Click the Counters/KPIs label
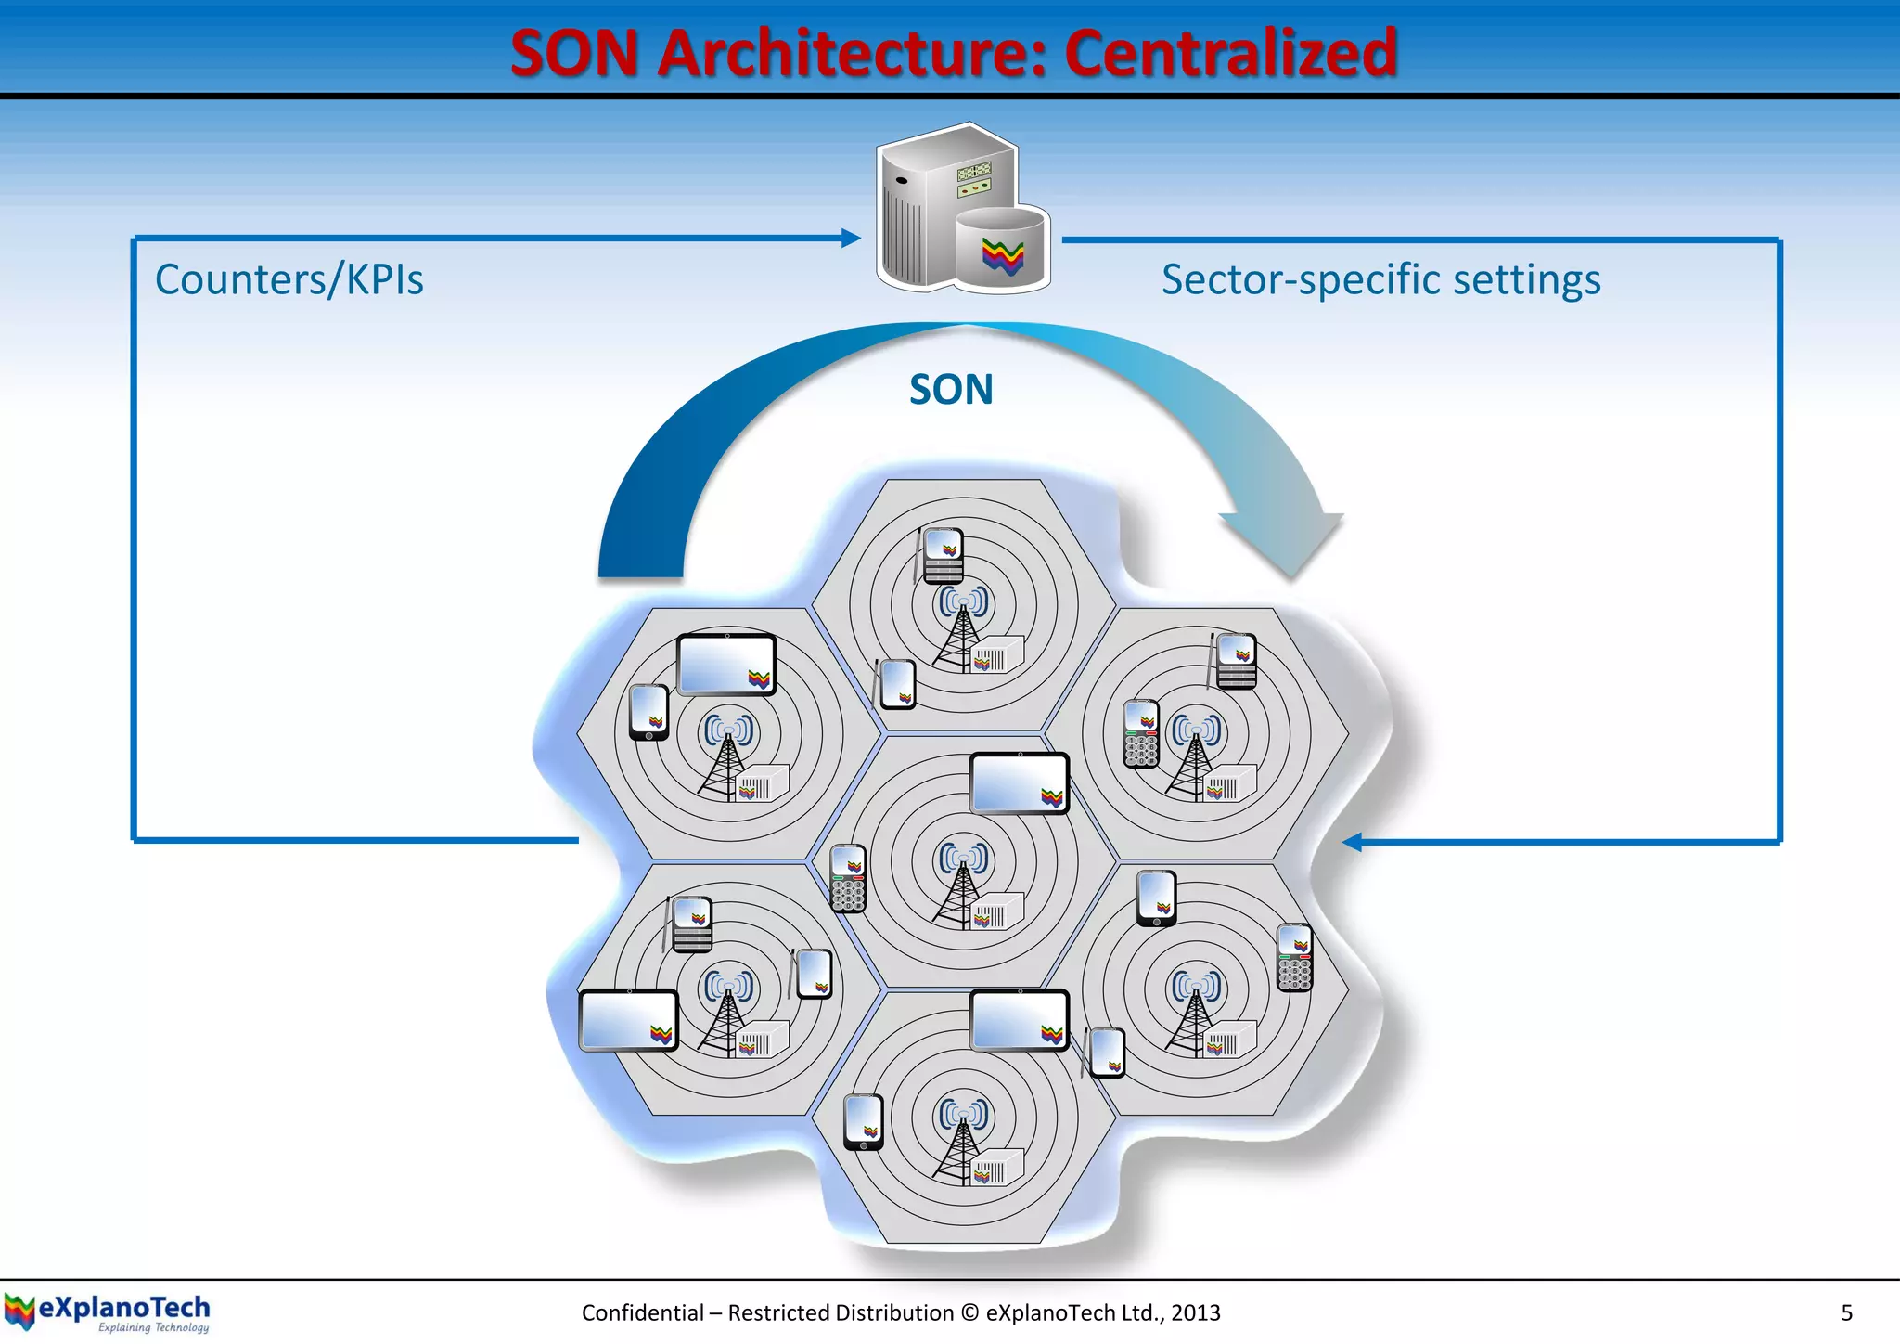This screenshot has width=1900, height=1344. click(289, 279)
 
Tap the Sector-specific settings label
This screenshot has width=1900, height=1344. click(1380, 279)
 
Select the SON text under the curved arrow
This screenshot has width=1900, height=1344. click(951, 390)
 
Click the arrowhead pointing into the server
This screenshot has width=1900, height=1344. click(851, 239)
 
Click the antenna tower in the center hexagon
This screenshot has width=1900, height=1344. click(963, 886)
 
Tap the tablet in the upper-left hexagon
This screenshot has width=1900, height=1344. click(726, 665)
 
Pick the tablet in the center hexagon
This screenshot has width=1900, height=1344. click(1019, 783)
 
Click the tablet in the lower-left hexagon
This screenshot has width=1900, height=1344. click(628, 1020)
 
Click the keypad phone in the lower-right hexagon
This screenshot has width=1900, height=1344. click(1294, 958)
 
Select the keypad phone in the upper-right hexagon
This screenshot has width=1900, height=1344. click(1141, 733)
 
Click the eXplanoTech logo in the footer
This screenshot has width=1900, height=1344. click(108, 1312)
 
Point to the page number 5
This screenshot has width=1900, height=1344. click(1846, 1312)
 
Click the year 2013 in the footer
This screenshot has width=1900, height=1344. click(1195, 1312)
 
